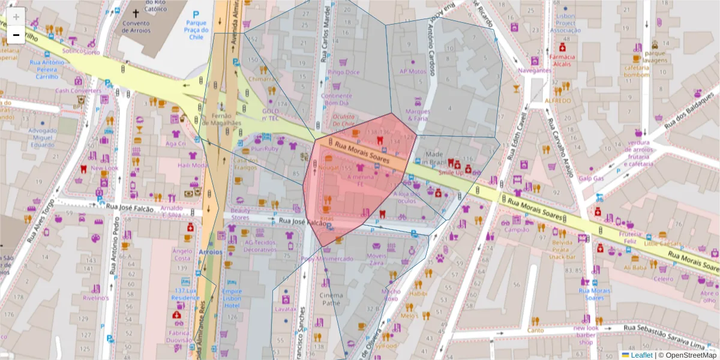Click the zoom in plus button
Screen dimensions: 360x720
tap(16, 16)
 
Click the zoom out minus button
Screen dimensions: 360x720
tap(16, 35)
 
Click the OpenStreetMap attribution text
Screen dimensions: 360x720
tap(691, 355)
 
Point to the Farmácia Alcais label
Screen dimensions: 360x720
tap(562, 61)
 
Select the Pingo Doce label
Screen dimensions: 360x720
tap(343, 72)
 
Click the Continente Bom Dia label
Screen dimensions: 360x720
tap(336, 99)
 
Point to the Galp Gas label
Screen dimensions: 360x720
tap(591, 178)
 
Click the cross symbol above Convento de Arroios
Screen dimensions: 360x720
tap(136, 13)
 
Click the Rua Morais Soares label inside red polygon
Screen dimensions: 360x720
tap(362, 152)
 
